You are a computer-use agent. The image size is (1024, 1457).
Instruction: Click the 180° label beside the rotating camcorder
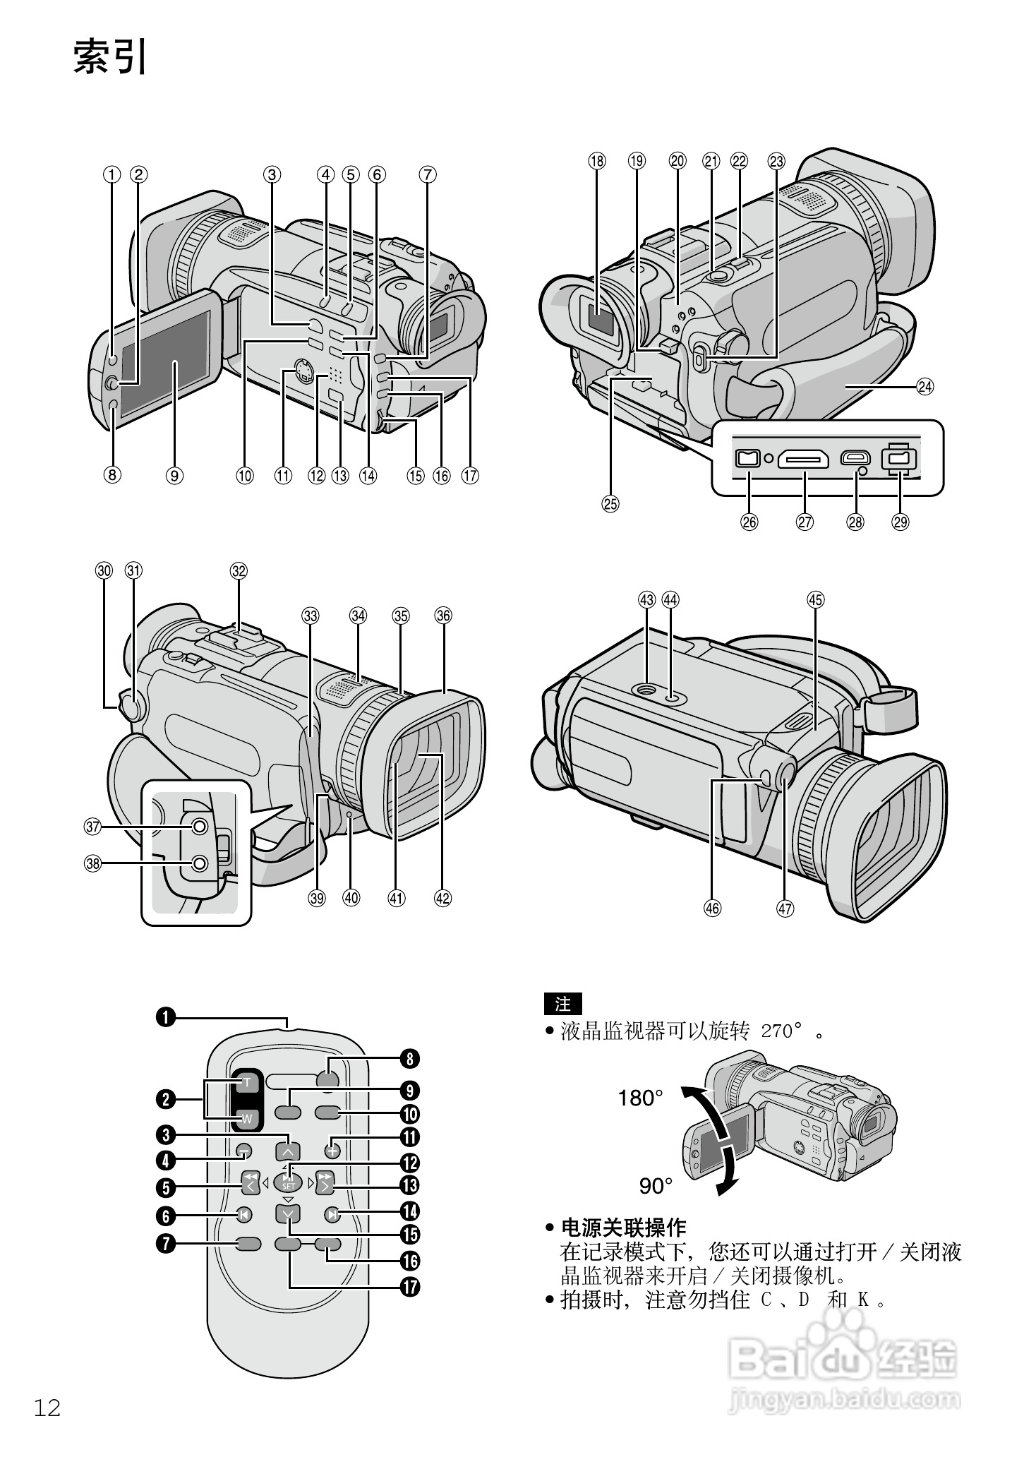(x=640, y=1098)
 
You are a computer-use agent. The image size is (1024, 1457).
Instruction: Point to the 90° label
(x=656, y=1186)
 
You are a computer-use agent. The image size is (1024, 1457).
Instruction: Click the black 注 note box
(x=562, y=1003)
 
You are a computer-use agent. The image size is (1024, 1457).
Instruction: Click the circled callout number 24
(x=924, y=386)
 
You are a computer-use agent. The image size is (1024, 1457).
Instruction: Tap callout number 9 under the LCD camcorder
(x=174, y=476)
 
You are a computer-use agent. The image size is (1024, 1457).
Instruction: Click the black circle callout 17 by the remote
(x=409, y=1287)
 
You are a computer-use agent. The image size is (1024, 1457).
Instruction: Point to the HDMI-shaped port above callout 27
(x=803, y=460)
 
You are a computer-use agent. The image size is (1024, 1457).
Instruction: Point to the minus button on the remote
(x=243, y=1151)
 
